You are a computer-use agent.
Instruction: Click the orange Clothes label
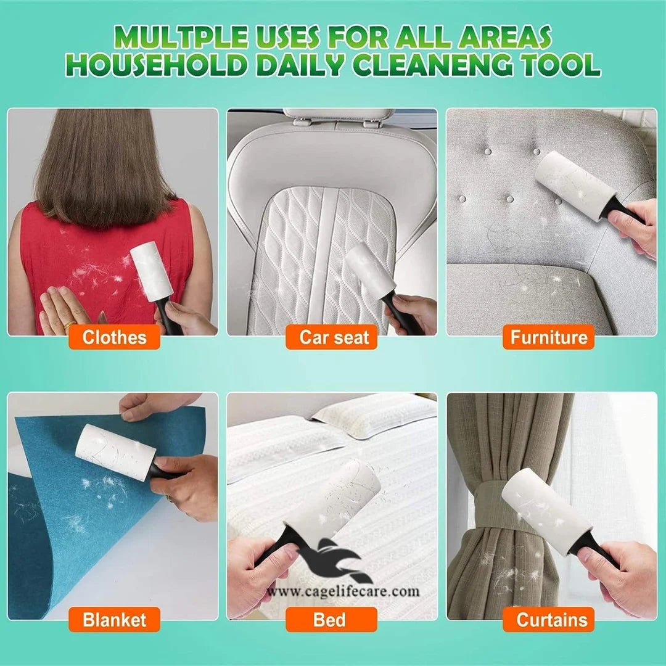(114, 337)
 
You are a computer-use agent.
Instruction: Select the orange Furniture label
(548, 337)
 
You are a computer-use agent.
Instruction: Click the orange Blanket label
(114, 620)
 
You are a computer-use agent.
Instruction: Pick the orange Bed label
(331, 620)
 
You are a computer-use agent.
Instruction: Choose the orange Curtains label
(548, 620)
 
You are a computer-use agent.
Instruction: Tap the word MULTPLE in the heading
(181, 37)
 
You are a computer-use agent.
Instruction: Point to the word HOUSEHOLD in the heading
(157, 65)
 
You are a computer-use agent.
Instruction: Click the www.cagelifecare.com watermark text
(343, 591)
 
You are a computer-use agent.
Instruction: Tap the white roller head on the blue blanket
(115, 452)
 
